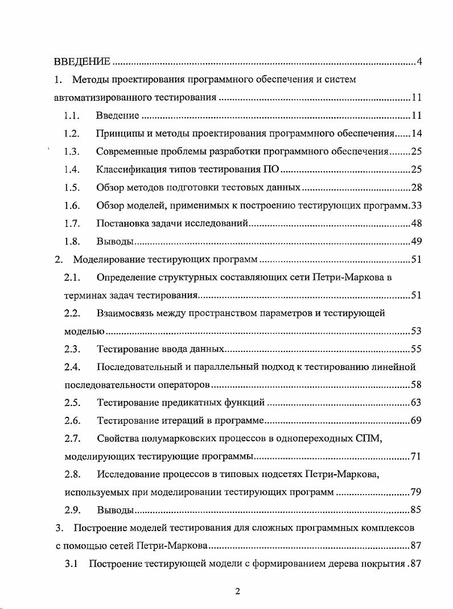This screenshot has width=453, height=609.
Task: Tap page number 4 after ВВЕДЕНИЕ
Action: point(418,61)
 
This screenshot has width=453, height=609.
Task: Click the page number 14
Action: point(415,134)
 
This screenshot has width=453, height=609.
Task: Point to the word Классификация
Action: point(129,169)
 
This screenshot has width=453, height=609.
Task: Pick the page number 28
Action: point(415,188)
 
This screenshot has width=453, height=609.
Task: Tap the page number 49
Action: point(415,241)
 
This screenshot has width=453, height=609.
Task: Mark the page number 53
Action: point(415,331)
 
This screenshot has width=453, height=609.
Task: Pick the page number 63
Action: point(415,403)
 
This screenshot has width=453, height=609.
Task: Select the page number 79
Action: point(415,492)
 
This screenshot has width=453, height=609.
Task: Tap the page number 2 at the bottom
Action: point(237,591)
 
